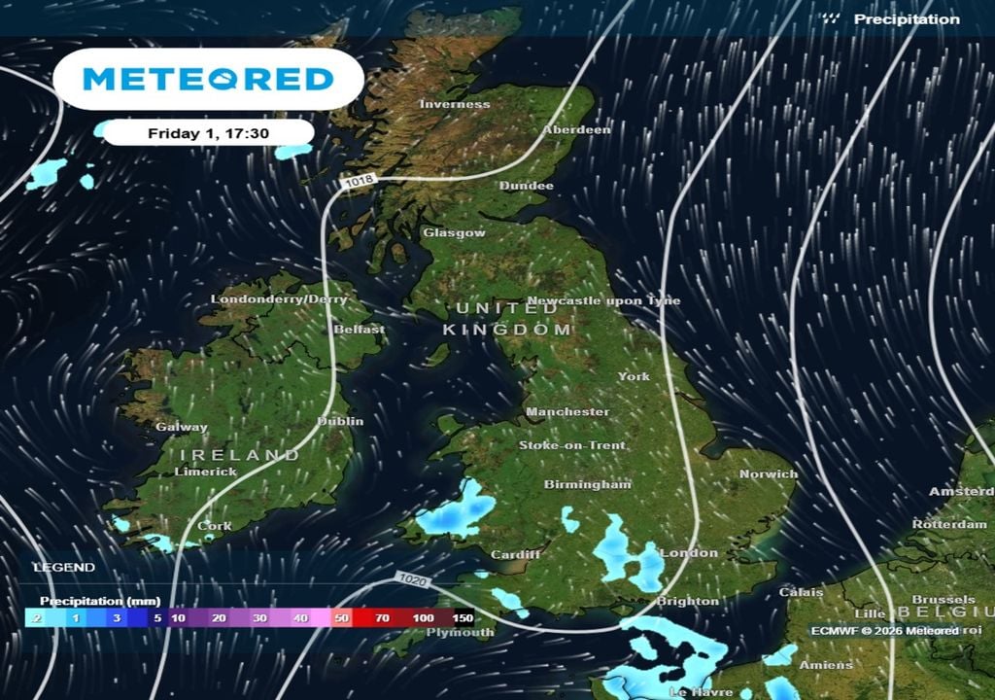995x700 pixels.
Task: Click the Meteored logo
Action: pos(208,79)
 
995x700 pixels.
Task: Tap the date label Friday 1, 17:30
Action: pos(209,133)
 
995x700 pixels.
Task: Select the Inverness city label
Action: pos(455,104)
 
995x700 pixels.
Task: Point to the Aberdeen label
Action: pos(577,129)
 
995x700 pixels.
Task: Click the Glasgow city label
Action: pos(454,233)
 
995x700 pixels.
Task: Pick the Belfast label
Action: pos(360,330)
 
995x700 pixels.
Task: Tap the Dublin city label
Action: pos(341,421)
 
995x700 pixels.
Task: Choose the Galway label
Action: pos(182,427)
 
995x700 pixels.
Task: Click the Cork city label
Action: pos(215,526)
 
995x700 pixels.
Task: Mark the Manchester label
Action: pos(567,412)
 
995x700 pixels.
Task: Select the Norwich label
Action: pos(769,474)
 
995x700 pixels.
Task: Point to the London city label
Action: pos(689,553)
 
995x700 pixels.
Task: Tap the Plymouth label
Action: pos(461,632)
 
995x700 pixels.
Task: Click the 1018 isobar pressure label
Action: pos(358,182)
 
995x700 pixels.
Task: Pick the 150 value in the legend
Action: pos(463,617)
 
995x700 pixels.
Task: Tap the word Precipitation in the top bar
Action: pos(907,19)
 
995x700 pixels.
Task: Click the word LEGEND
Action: pos(64,567)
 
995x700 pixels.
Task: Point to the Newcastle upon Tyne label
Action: pos(603,301)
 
